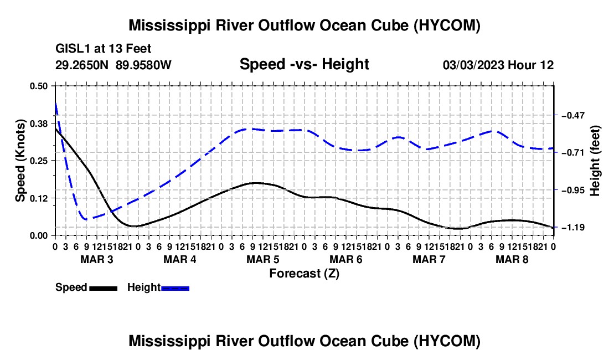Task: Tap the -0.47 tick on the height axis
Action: (573, 115)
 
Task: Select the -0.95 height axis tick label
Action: (573, 191)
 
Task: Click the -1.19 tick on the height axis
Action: (573, 227)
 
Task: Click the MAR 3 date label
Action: (97, 259)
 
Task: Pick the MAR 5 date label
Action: (263, 259)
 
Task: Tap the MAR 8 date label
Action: (512, 259)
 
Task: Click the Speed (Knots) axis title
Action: (20, 161)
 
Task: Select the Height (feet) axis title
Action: (595, 161)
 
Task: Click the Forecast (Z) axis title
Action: (304, 274)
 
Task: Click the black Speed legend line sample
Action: (104, 288)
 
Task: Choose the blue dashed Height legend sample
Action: (175, 288)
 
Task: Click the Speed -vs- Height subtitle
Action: (304, 64)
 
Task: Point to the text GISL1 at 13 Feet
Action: (104, 49)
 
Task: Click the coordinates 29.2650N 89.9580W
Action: (113, 65)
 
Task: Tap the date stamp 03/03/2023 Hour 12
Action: (498, 65)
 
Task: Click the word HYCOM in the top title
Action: (446, 25)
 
